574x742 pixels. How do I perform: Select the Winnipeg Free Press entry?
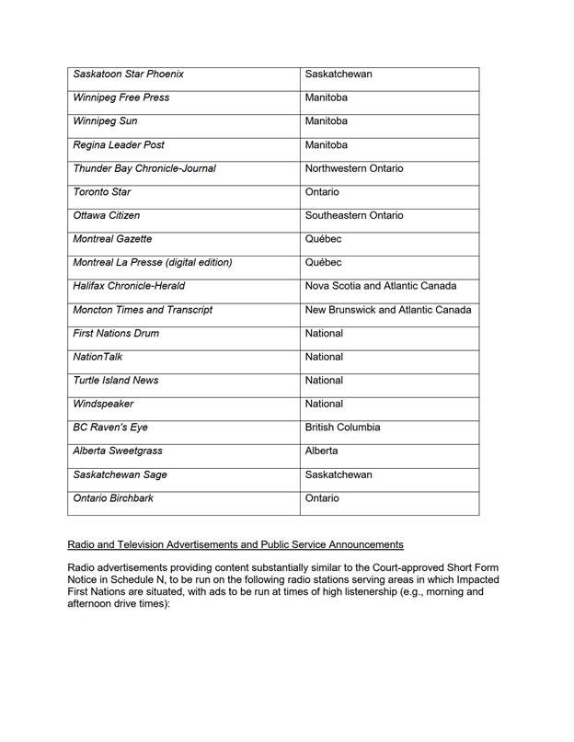point(121,97)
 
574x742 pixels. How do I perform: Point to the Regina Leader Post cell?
point(119,145)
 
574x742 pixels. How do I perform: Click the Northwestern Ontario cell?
point(354,168)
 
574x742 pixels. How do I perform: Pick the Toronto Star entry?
point(102,192)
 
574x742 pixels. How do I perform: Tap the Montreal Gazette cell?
point(112,239)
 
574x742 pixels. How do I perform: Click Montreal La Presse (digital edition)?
point(153,263)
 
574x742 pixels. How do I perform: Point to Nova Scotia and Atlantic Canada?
point(381,286)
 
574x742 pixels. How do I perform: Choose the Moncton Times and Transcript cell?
point(143,310)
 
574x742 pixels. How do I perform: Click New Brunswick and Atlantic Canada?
point(388,310)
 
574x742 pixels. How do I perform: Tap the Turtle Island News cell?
point(116,381)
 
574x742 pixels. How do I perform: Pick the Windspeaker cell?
point(103,404)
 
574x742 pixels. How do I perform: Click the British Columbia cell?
point(342,428)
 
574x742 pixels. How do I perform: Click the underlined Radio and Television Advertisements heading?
point(235,545)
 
